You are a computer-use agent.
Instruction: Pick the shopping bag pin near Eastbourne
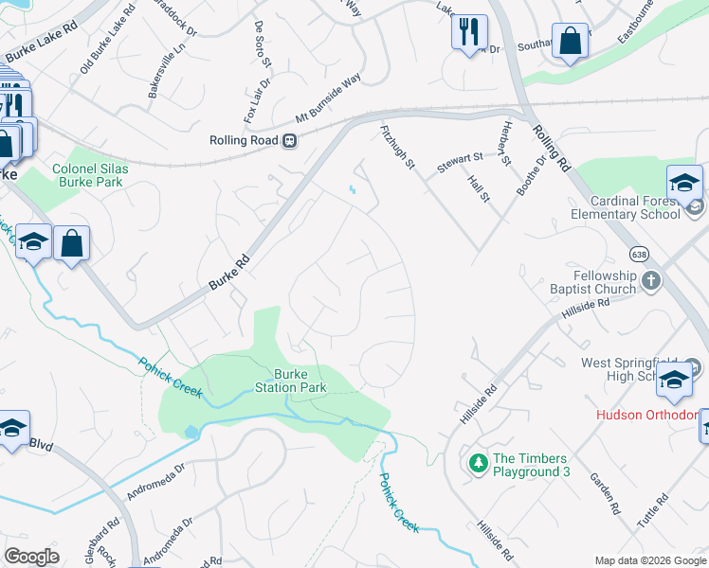pyautogui.click(x=570, y=41)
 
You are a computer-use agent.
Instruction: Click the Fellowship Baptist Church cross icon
pyautogui.click(x=650, y=280)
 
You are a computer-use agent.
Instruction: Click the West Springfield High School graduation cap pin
pyautogui.click(x=674, y=381)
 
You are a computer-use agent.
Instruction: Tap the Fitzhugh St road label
pyautogui.click(x=398, y=147)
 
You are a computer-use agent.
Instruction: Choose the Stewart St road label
pyautogui.click(x=460, y=162)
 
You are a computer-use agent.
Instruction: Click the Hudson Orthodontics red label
pyautogui.click(x=645, y=415)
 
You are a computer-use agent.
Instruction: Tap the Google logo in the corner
pyautogui.click(x=31, y=557)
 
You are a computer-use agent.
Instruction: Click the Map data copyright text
pyautogui.click(x=649, y=560)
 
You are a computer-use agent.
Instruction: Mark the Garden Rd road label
pyautogui.click(x=604, y=493)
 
